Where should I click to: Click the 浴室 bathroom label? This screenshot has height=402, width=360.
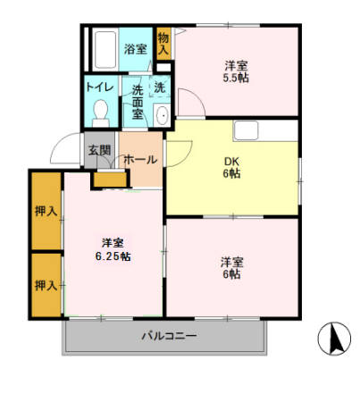pos(136,50)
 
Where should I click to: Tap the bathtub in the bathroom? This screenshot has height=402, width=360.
pos(104,49)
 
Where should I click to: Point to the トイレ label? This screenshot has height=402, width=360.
pos(98,88)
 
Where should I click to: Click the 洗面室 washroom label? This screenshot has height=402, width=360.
pos(138,102)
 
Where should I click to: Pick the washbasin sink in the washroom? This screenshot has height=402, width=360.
pos(162,116)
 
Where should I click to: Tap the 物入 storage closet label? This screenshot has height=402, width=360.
pos(163,45)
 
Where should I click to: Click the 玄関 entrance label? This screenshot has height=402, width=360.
pos(98,149)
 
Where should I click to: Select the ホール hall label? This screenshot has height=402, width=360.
pos(140,160)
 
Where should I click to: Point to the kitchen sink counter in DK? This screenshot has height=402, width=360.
pos(264,131)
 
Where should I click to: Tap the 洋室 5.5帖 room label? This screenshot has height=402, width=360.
pos(236,71)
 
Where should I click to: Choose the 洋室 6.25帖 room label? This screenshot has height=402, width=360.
pos(113,249)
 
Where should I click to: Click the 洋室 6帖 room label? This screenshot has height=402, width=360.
pos(232,268)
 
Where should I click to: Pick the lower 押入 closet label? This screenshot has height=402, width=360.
pos(46,285)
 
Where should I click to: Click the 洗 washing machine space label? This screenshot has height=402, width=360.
pos(159,88)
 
